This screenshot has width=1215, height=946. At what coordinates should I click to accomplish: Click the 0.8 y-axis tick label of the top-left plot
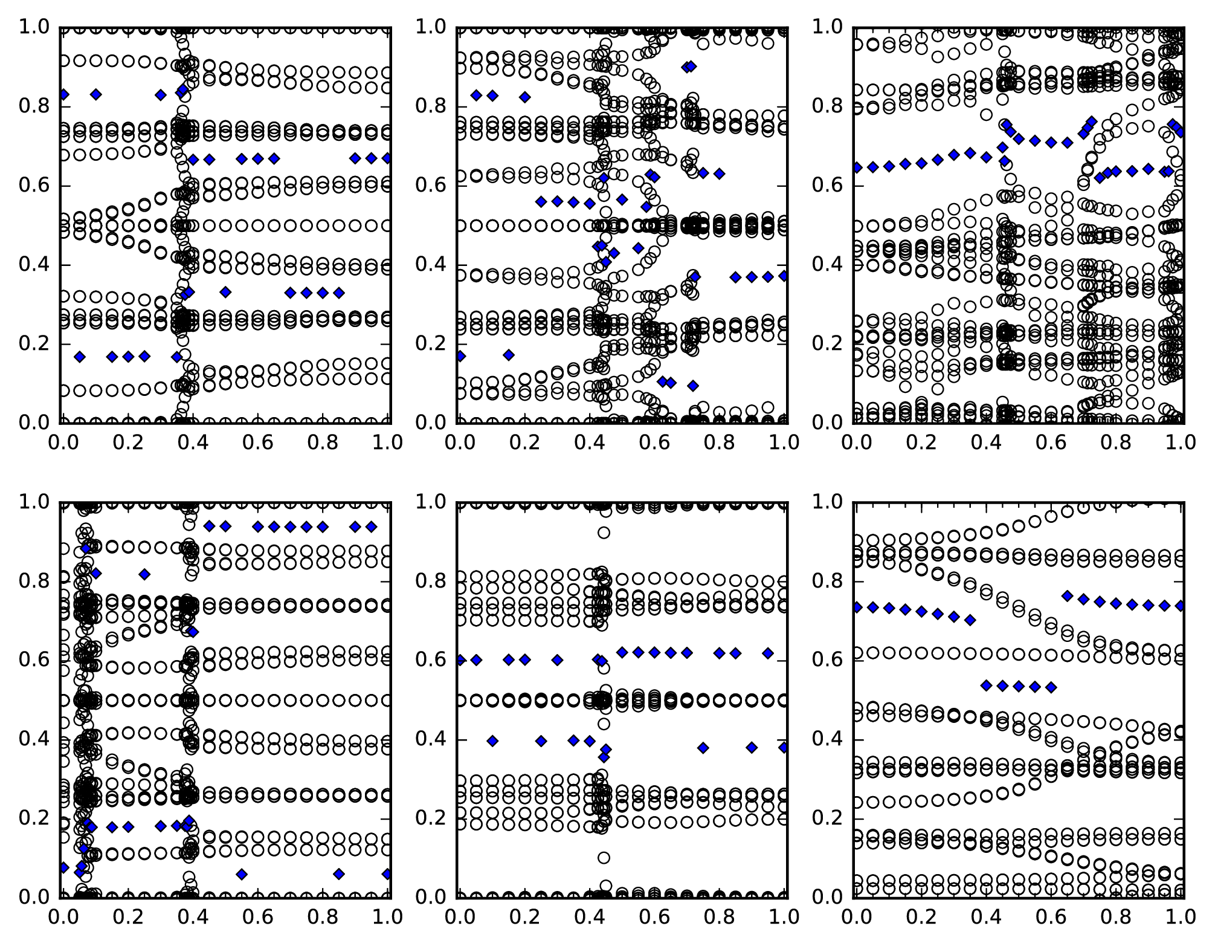pyautogui.click(x=34, y=106)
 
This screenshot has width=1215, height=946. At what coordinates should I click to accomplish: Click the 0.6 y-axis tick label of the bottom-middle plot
pyautogui.click(x=431, y=659)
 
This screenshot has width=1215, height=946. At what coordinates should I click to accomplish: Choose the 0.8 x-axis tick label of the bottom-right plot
pyautogui.click(x=1117, y=916)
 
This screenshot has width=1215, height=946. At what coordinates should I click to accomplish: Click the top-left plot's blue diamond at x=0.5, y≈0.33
pyautogui.click(x=225, y=292)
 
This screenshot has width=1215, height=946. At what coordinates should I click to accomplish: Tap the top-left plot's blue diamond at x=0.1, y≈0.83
pyautogui.click(x=95, y=94)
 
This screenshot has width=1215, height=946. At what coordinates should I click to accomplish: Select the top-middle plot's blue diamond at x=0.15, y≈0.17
pyautogui.click(x=509, y=355)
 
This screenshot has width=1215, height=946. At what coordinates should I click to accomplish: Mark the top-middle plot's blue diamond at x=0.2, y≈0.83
pyautogui.click(x=525, y=97)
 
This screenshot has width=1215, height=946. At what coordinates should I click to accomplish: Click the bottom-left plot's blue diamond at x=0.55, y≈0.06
pyautogui.click(x=242, y=874)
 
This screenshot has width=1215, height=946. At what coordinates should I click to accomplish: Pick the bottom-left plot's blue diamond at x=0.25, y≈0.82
pyautogui.click(x=144, y=574)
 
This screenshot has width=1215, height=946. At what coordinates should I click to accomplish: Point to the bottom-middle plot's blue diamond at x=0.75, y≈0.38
pyautogui.click(x=703, y=748)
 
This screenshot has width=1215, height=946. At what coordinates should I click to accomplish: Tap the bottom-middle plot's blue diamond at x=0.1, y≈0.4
pyautogui.click(x=492, y=740)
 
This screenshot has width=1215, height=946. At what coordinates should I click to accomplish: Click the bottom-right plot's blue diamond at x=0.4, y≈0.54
pyautogui.click(x=986, y=685)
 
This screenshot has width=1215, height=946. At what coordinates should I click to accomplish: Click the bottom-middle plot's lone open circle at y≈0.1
pyautogui.click(x=604, y=857)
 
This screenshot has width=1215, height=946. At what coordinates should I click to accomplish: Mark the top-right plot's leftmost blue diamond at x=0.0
pyautogui.click(x=856, y=167)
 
